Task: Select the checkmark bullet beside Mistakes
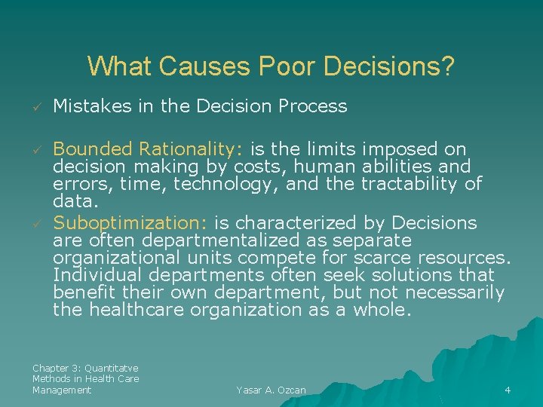[35, 107]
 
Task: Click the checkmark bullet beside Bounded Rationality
[35, 149]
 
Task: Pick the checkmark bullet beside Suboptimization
[35, 224]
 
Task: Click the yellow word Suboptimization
[131, 223]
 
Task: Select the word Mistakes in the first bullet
[91, 106]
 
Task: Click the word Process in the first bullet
[311, 106]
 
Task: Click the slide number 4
[508, 390]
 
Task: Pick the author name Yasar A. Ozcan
[271, 390]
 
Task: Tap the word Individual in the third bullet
[94, 275]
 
